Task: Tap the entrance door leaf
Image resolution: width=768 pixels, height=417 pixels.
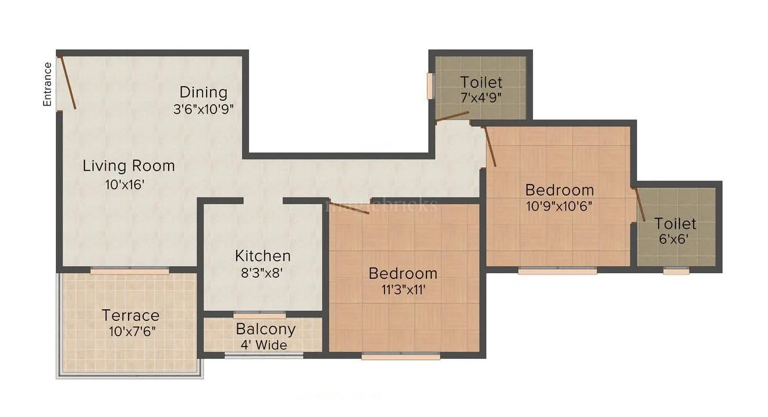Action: click(x=67, y=82)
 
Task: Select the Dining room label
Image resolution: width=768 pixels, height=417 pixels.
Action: click(x=203, y=92)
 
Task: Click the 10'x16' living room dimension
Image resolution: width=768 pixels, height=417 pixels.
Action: click(x=121, y=185)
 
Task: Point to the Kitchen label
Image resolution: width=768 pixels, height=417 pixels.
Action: click(x=262, y=256)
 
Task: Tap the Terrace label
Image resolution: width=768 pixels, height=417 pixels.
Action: click(x=130, y=316)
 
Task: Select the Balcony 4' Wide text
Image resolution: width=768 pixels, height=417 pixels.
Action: click(x=265, y=336)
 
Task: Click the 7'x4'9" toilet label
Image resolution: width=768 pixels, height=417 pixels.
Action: click(x=481, y=97)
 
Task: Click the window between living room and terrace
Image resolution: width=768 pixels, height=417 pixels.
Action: click(x=130, y=270)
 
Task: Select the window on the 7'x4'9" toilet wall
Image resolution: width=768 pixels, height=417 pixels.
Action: click(x=431, y=86)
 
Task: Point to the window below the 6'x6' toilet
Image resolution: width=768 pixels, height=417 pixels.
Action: click(x=675, y=270)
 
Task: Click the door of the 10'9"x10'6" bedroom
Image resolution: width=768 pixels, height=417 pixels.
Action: click(x=490, y=147)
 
